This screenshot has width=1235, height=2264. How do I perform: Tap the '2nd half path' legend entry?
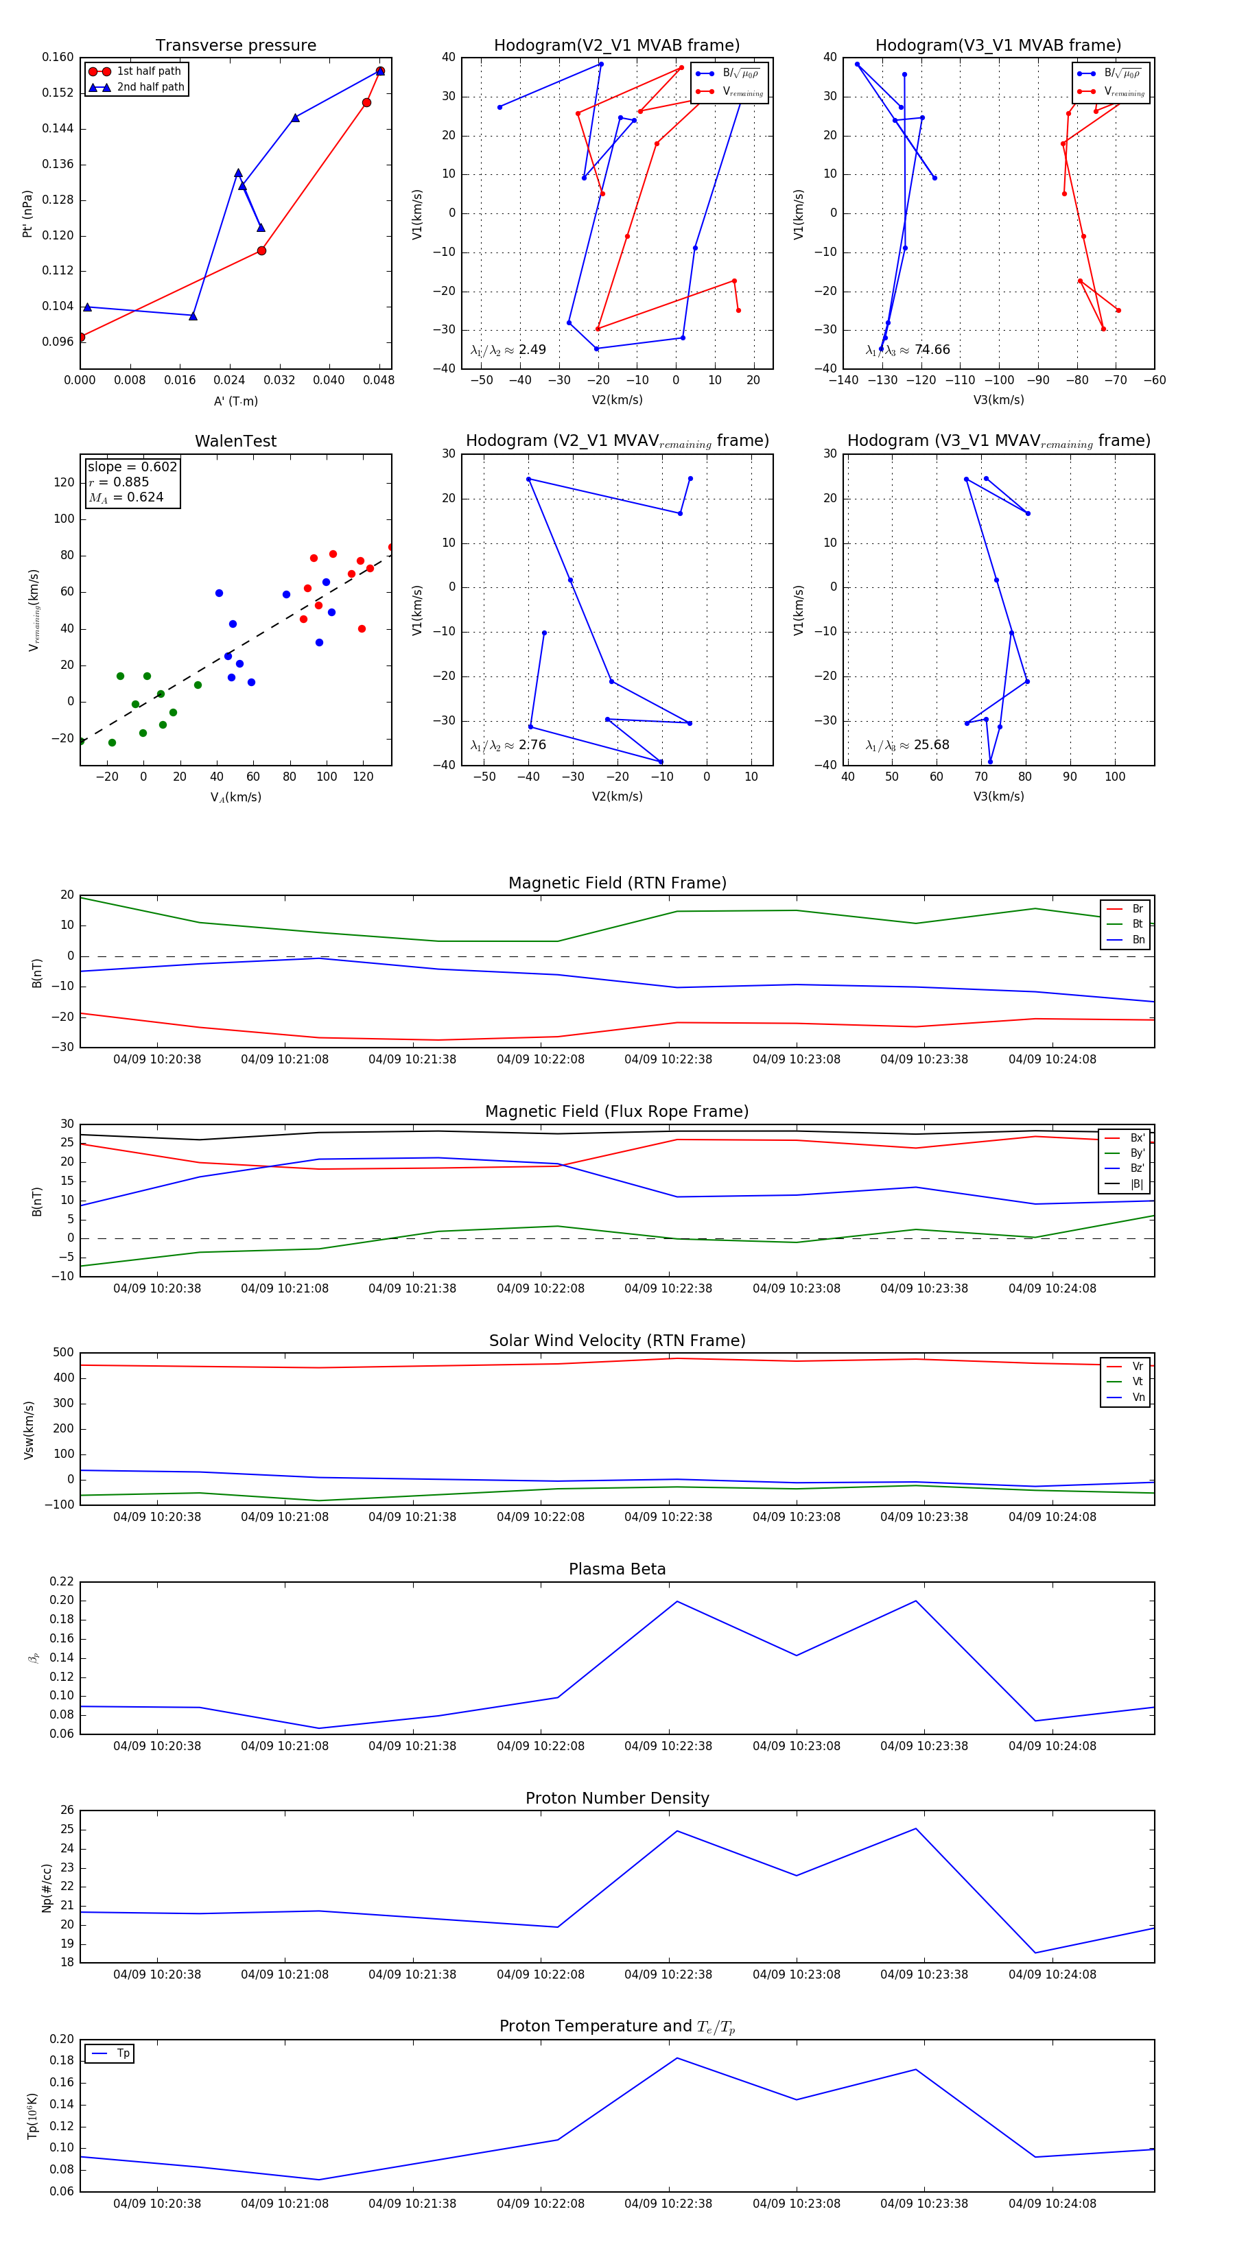150,87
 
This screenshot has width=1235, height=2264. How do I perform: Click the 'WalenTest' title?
235,441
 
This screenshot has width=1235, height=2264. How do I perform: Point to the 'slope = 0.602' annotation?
132,467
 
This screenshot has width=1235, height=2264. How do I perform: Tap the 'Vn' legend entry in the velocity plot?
1138,1398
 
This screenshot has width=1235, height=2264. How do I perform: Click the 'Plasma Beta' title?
617,1570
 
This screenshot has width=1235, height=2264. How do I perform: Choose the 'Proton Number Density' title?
617,1798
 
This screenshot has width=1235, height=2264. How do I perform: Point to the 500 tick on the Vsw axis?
63,1353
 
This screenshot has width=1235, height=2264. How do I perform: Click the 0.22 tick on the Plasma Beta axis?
62,1581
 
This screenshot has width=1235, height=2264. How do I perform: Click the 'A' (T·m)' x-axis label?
235,401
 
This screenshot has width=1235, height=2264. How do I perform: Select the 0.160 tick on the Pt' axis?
58,57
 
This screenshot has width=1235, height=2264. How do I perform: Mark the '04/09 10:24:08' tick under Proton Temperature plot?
1052,2204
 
